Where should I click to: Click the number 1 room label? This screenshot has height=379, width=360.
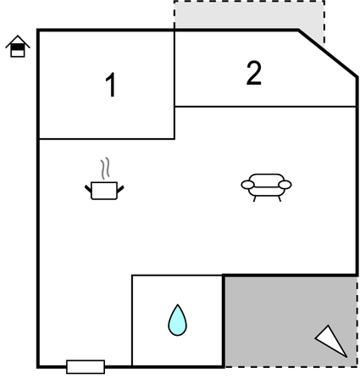111,85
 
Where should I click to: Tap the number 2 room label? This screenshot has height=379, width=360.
254,73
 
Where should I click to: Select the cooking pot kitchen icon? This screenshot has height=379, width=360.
104,191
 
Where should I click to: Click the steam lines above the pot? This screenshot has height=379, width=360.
105,169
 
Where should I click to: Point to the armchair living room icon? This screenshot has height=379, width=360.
266,187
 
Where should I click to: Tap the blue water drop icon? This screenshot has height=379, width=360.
177,320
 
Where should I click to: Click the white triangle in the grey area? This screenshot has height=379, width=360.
332,341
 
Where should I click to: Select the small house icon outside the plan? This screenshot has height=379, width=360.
18,47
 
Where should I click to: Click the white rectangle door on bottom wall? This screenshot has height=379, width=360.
86,367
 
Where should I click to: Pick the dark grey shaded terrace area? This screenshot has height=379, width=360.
291,321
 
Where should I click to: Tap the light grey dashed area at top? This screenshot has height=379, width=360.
248,14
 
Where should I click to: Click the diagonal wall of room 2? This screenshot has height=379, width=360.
328,53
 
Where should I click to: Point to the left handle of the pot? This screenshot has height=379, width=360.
88,188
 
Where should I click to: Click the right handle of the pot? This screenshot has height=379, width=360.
120,189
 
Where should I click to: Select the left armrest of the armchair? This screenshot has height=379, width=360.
247,185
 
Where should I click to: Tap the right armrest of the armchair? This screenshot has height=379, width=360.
285,185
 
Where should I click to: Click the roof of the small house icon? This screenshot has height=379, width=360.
18,41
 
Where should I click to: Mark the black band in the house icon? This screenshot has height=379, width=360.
18,47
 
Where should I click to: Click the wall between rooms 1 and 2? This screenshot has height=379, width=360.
174,68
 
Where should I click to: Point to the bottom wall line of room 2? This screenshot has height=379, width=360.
265,107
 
